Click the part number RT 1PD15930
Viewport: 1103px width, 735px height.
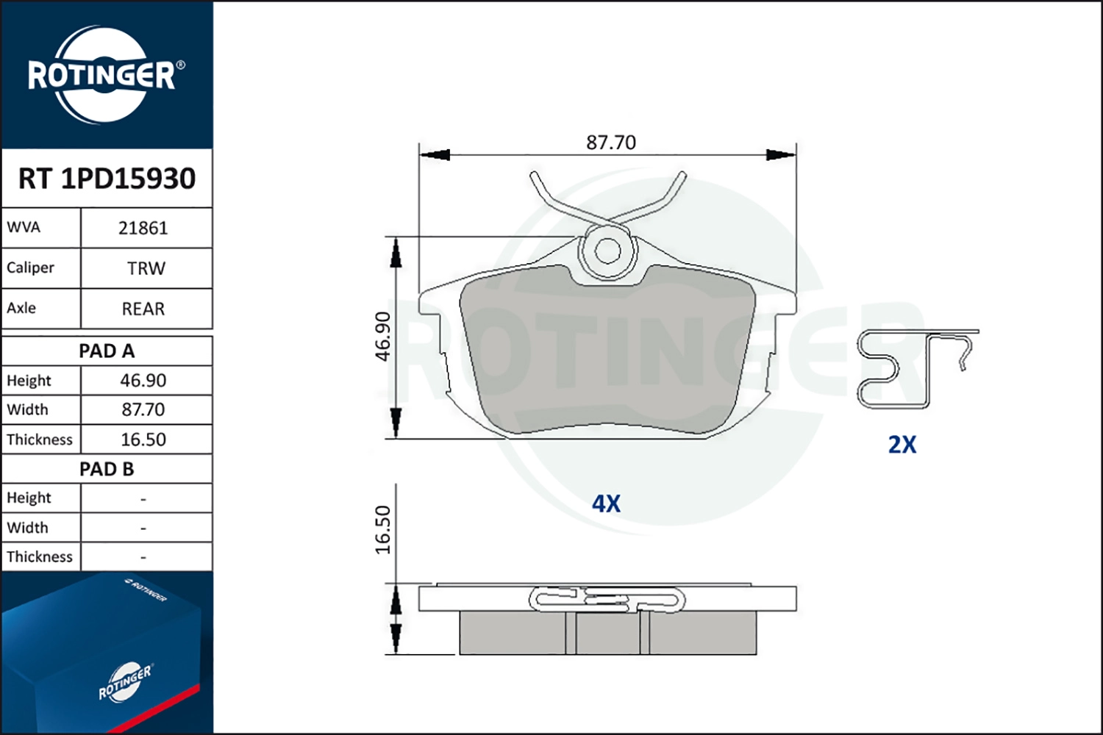107,178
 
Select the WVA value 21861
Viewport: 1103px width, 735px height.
143,229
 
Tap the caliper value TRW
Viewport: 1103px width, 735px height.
146,268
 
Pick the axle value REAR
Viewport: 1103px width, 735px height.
143,309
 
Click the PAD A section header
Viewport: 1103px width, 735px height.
107,351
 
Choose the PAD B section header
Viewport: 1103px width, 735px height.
107,469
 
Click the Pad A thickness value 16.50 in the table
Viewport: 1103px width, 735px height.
143,439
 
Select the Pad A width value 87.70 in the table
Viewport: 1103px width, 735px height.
143,409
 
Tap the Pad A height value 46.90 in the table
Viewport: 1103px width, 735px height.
143,381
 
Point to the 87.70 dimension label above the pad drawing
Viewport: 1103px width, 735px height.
611,143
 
